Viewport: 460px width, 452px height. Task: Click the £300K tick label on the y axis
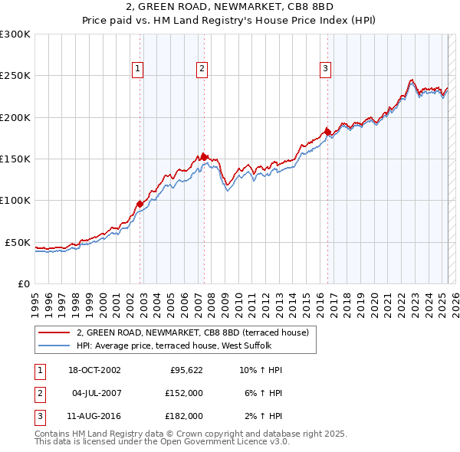pos(15,34)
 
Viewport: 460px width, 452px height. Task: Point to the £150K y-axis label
pos(15,159)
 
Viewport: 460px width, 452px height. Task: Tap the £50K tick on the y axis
pos(18,242)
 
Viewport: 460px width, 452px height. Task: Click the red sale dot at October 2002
pos(140,204)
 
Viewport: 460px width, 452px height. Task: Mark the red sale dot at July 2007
pos(204,157)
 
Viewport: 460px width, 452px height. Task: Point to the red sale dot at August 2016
pos(327,132)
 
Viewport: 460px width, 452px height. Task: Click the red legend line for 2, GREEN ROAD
pos(54,333)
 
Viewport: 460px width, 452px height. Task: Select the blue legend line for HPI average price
pos(54,346)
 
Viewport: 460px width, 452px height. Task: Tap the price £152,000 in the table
pos(184,393)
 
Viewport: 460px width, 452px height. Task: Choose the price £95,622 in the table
pos(186,370)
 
